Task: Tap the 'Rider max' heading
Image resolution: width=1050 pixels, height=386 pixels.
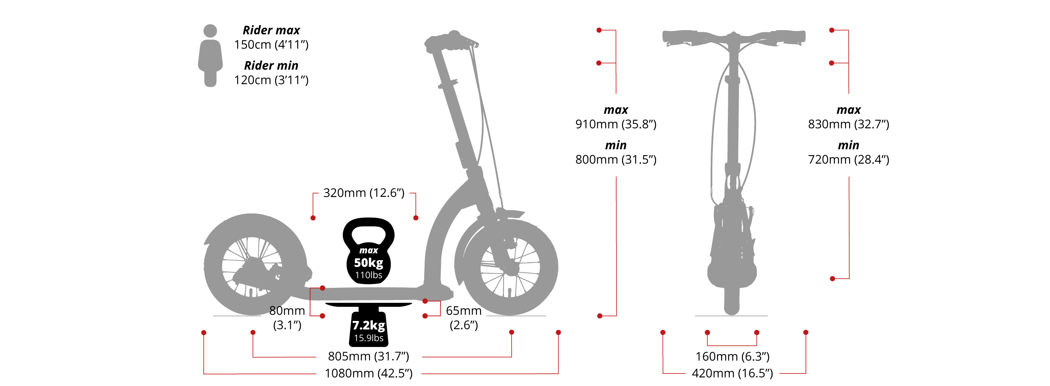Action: tap(271, 30)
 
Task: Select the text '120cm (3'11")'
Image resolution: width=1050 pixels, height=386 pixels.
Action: tap(271, 80)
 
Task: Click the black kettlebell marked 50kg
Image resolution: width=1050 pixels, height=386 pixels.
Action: tap(368, 252)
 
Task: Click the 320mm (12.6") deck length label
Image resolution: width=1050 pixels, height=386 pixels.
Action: tap(364, 193)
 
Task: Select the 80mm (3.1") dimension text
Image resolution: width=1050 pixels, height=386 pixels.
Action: tap(287, 318)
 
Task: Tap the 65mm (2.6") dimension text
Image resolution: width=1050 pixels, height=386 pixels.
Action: tap(464, 318)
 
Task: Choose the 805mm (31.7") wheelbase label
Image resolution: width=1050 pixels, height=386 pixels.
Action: tap(368, 357)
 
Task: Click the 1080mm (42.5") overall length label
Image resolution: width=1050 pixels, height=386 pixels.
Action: tap(368, 373)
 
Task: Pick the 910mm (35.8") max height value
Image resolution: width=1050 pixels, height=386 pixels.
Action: tap(616, 124)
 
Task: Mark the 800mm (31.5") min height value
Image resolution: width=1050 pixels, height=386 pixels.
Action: tap(616, 159)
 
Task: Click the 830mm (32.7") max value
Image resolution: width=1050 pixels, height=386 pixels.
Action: tap(848, 124)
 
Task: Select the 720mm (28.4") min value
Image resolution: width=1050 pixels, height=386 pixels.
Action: tap(848, 159)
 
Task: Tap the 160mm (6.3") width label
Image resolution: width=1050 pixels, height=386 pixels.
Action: tap(732, 357)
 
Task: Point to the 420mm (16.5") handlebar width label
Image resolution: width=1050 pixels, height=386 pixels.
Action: tap(732, 373)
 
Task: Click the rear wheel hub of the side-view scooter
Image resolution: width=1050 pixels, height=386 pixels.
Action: tap(252, 267)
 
